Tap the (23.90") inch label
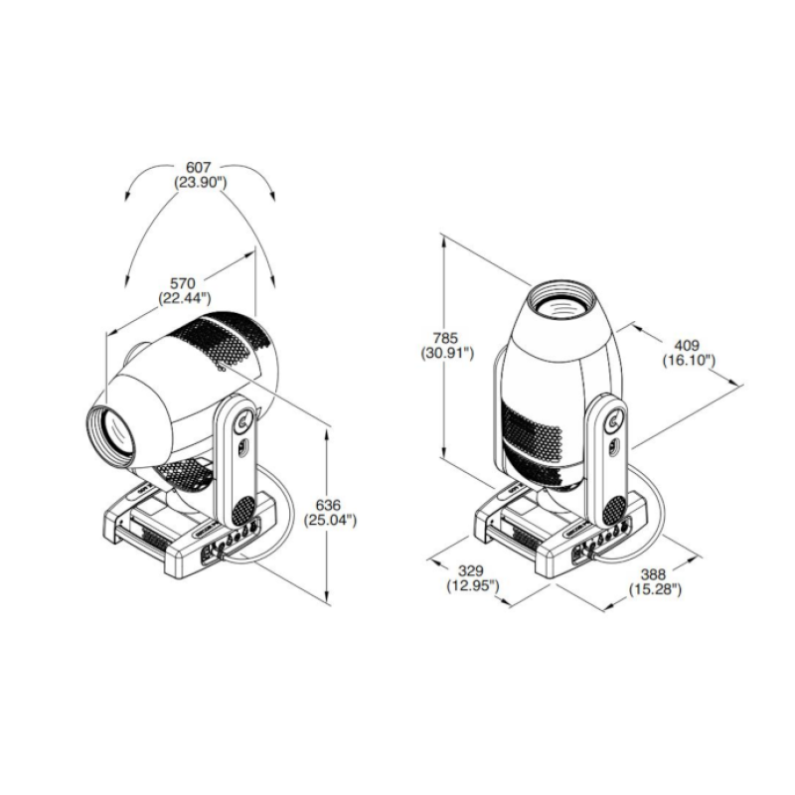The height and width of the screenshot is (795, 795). click(200, 183)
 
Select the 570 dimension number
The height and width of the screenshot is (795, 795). click(183, 283)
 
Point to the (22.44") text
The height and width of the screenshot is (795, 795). click(185, 298)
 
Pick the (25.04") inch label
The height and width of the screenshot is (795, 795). click(330, 520)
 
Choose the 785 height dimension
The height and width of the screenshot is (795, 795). click(445, 337)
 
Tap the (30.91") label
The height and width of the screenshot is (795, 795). click(447, 353)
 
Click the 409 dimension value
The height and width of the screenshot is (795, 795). click(687, 345)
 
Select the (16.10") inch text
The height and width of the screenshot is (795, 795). click(689, 361)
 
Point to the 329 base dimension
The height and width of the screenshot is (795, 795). click(471, 570)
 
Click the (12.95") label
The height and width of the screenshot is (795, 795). click(473, 586)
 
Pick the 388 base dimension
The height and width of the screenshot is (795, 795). click(653, 574)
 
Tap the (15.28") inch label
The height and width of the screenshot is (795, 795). click(655, 589)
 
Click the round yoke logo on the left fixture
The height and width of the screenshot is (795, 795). click(244, 420)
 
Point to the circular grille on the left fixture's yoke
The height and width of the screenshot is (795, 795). click(243, 511)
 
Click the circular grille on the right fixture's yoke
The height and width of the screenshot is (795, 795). click(615, 511)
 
